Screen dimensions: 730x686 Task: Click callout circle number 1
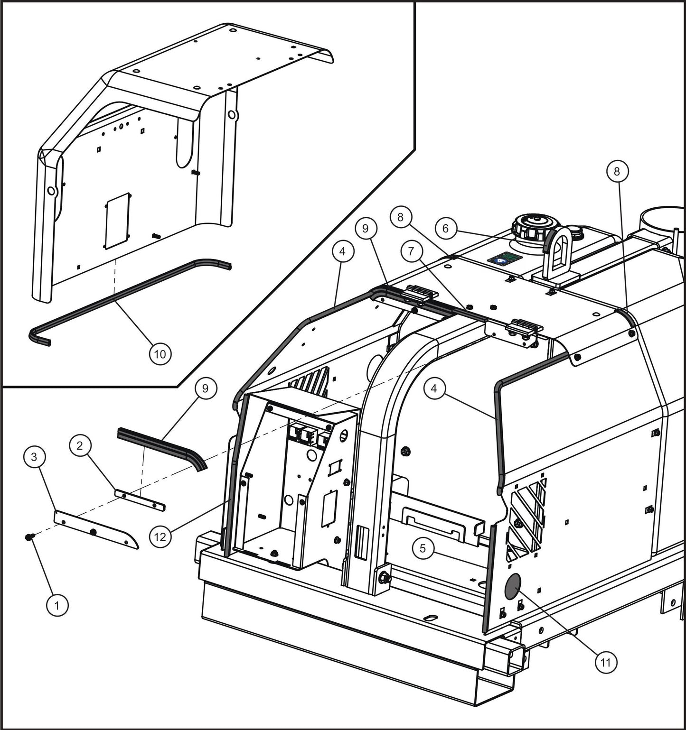[57, 606]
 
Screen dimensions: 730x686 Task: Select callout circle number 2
[80, 445]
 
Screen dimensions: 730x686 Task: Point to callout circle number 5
[423, 548]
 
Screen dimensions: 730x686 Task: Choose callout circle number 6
[445, 229]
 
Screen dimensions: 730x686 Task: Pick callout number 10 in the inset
[160, 354]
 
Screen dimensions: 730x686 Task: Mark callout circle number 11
[606, 662]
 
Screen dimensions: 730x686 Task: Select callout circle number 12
[160, 536]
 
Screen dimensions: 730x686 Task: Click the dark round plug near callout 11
[512, 588]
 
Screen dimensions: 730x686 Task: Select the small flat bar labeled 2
[140, 499]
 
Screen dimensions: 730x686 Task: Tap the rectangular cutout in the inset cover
[117, 220]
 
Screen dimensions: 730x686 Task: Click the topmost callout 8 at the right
[617, 172]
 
